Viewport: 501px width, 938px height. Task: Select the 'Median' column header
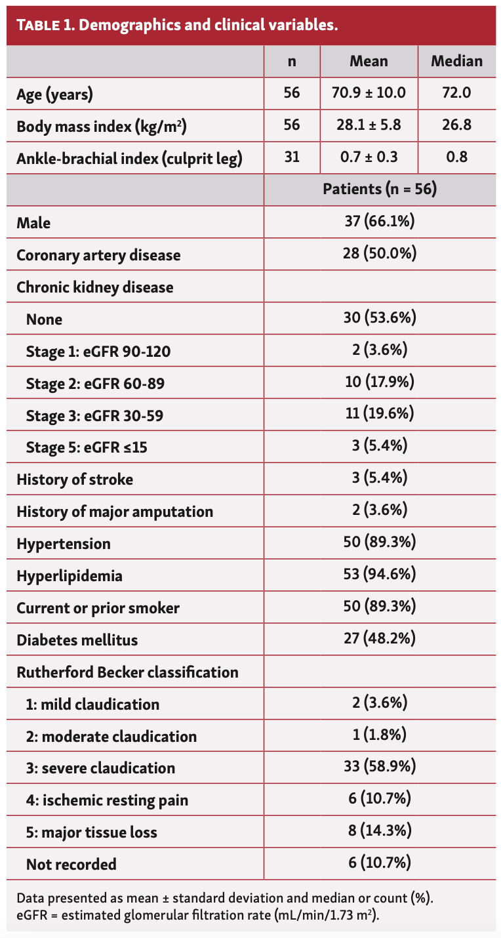[456, 62]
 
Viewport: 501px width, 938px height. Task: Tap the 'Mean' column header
[369, 62]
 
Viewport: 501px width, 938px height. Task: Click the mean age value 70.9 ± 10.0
[369, 93]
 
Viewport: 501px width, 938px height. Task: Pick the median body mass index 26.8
[456, 125]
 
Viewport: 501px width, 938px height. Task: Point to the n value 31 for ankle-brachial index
[292, 157]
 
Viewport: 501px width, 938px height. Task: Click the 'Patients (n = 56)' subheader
[380, 190]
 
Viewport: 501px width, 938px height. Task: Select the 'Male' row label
[33, 222]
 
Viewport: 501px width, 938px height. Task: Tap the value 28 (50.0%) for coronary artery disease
[380, 254]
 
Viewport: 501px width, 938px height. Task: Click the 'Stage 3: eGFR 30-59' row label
[94, 415]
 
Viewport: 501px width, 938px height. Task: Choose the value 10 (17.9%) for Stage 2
[380, 382]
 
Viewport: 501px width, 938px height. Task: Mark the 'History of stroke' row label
[75, 479]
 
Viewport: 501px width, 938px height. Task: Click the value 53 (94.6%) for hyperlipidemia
[380, 575]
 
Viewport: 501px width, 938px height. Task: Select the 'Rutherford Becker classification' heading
[127, 672]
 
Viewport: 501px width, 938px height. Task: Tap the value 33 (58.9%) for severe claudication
[380, 767]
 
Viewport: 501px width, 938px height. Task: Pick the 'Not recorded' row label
[71, 865]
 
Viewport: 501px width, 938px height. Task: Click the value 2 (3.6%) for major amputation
[380, 511]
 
